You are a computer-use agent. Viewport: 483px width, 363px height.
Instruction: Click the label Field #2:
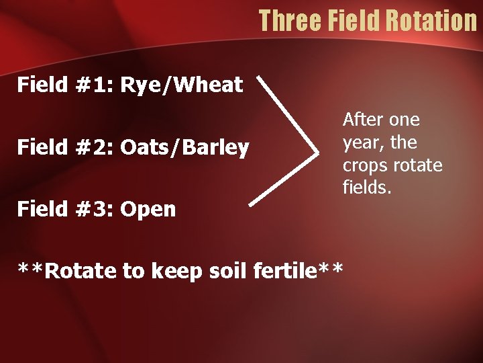click(x=65, y=147)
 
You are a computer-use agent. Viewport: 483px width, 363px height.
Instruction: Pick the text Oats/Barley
click(x=184, y=147)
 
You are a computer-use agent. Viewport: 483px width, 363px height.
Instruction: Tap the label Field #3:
click(x=65, y=209)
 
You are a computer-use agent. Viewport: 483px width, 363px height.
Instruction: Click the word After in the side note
click(x=363, y=120)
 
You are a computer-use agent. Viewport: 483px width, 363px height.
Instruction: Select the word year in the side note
click(x=360, y=143)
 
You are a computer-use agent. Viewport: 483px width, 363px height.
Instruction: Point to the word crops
click(x=363, y=166)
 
